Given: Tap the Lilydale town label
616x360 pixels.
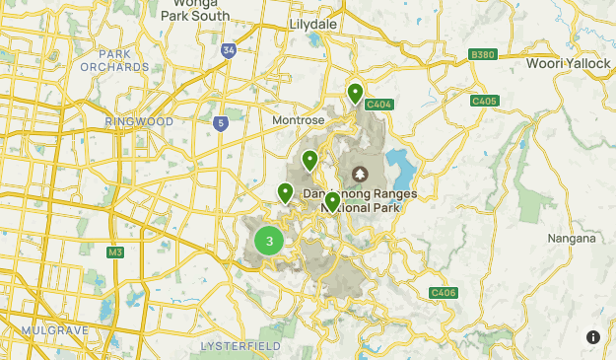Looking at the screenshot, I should point(314,23).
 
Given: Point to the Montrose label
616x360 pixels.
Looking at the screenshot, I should point(298,119).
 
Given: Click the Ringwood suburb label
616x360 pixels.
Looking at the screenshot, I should point(139,121).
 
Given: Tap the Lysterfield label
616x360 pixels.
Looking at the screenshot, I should point(240,346).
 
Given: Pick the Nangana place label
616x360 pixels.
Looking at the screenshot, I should point(572,238).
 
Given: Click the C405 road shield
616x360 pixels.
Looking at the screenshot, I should point(484,101).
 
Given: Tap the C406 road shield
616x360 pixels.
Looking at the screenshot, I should point(444,293).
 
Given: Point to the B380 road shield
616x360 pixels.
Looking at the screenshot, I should point(483,54).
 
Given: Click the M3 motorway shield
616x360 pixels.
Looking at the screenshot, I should point(115,252).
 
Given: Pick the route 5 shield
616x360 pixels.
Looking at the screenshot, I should point(221,124).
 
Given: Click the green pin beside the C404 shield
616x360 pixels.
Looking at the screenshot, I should point(356,93).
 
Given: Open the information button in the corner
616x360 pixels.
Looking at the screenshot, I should point(593,337).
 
